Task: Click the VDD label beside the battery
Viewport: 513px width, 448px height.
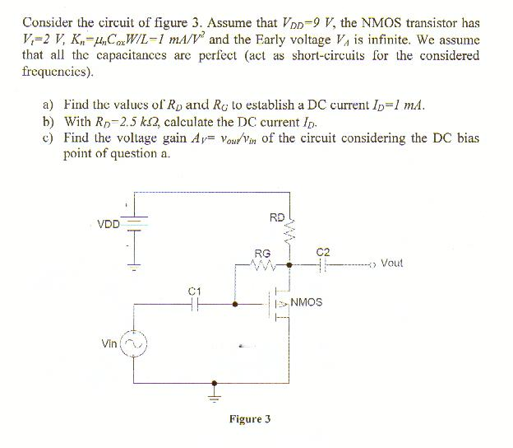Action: [x=108, y=223]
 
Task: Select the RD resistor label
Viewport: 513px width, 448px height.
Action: [x=276, y=217]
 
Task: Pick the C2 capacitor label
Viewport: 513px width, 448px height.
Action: [x=322, y=250]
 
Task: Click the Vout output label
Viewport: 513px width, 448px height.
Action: [x=392, y=264]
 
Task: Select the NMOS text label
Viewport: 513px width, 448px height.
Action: [x=307, y=302]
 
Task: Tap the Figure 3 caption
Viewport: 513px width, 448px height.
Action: [x=250, y=418]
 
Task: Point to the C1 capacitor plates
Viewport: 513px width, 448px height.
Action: [x=195, y=303]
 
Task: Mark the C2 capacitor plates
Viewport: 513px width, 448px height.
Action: [x=323, y=265]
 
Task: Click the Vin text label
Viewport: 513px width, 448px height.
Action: [x=109, y=343]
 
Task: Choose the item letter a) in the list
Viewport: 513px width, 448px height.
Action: [x=47, y=105]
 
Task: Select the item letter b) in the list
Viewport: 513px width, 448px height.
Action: [x=47, y=122]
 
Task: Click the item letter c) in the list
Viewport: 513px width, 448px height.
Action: [x=47, y=138]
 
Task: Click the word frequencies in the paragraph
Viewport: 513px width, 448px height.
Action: [x=56, y=72]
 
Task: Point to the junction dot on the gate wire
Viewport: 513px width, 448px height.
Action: [x=236, y=303]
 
